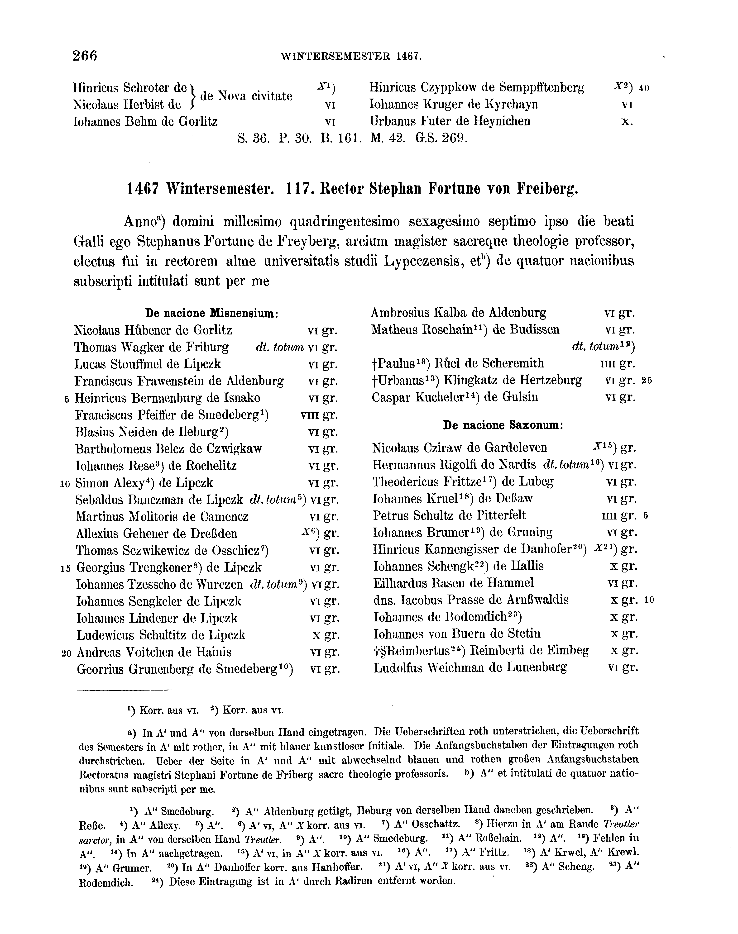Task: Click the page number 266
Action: (86, 56)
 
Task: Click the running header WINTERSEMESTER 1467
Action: (351, 56)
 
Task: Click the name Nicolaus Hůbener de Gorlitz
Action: (153, 330)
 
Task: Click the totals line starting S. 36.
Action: (352, 138)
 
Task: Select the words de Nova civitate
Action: (246, 96)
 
